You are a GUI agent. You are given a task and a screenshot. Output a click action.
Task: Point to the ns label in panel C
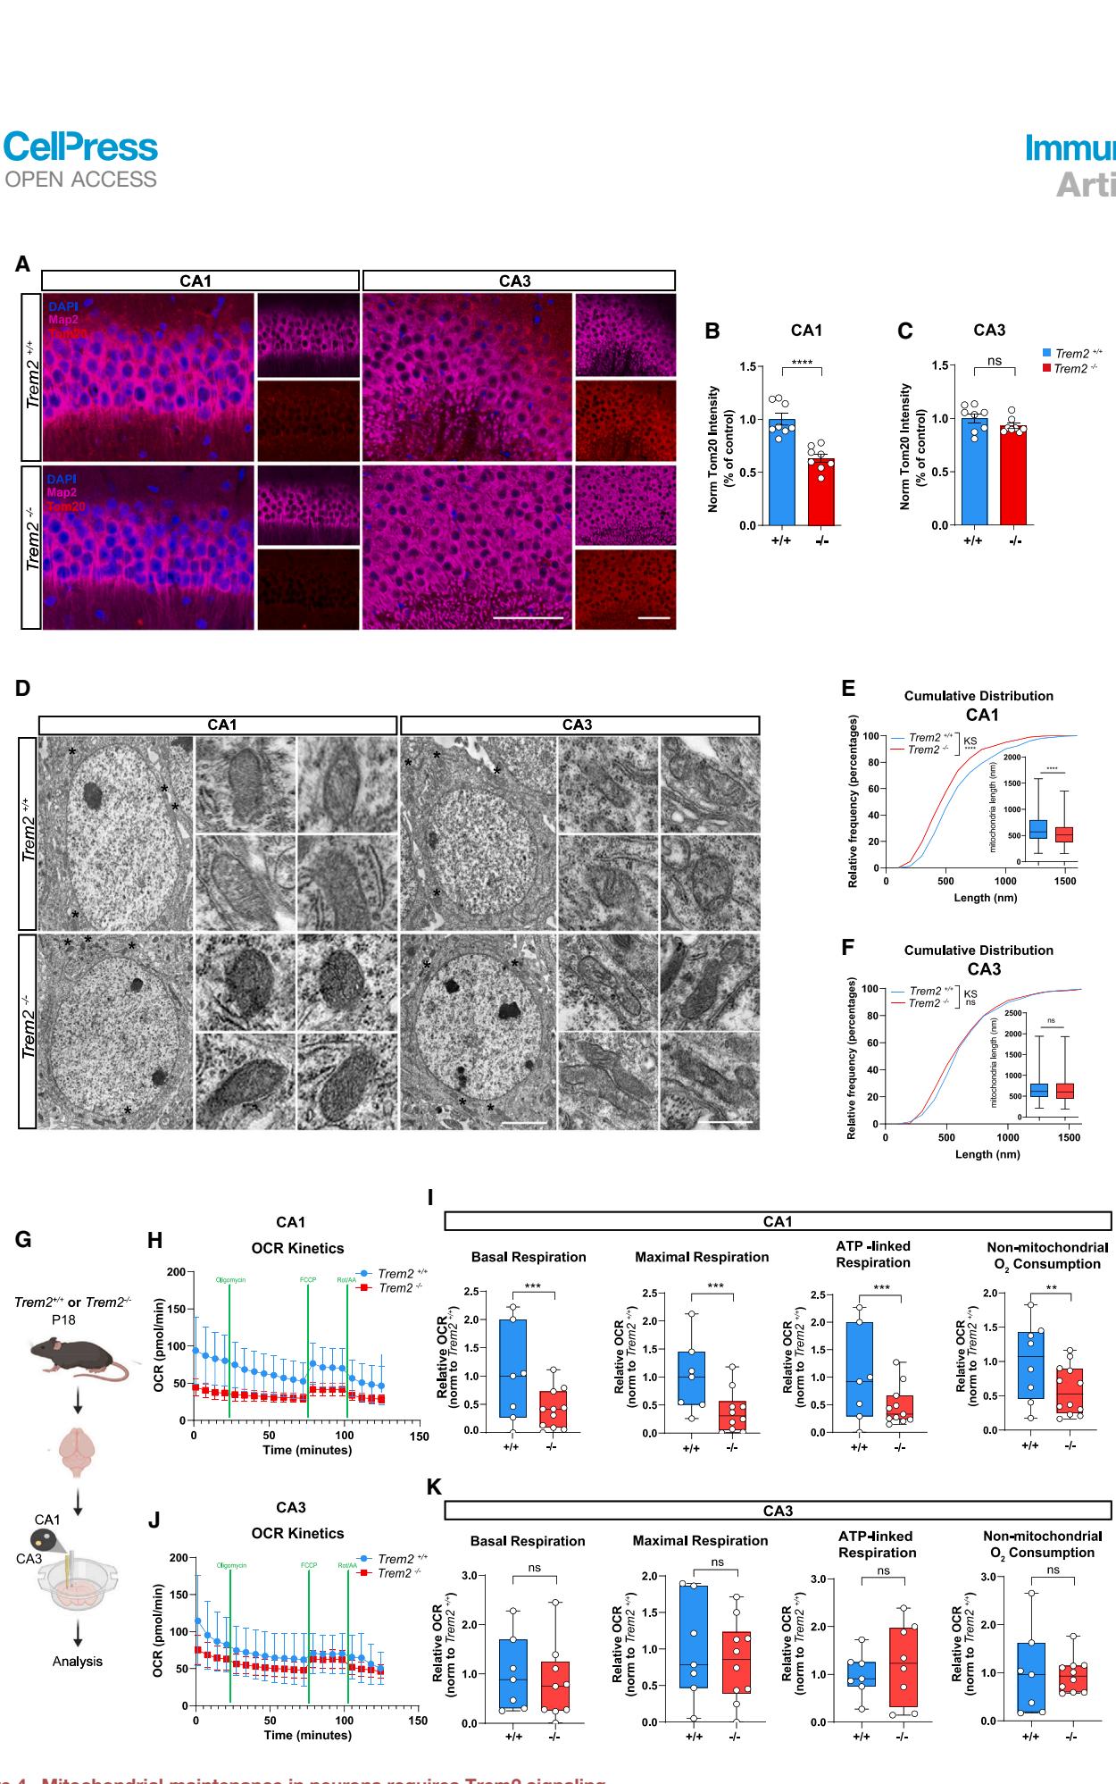click(995, 361)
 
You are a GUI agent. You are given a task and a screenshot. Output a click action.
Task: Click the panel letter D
click(23, 688)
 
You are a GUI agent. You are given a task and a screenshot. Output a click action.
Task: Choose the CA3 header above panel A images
click(516, 281)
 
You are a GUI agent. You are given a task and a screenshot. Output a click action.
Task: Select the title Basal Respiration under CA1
click(529, 1257)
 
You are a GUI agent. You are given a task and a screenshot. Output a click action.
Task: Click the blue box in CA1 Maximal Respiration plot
click(691, 1377)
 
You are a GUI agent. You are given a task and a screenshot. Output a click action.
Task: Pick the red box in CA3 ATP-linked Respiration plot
click(902, 1667)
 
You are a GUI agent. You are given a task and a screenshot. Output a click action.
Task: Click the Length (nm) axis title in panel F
click(987, 1154)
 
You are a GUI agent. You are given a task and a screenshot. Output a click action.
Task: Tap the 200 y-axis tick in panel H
click(177, 1272)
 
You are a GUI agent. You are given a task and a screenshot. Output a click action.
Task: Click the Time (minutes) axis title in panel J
click(307, 1735)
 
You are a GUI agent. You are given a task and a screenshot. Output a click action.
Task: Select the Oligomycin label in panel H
click(230, 1280)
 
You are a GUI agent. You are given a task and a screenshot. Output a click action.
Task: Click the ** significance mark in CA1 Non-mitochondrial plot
click(1051, 1288)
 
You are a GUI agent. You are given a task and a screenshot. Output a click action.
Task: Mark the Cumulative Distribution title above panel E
click(979, 696)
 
